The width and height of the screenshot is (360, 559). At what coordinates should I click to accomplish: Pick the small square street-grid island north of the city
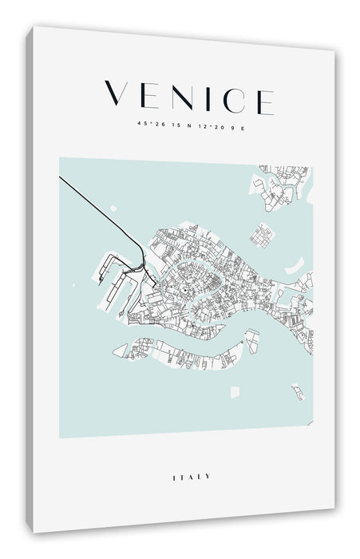click(261, 234)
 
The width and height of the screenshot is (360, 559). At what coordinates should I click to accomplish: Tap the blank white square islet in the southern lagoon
click(234, 392)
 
